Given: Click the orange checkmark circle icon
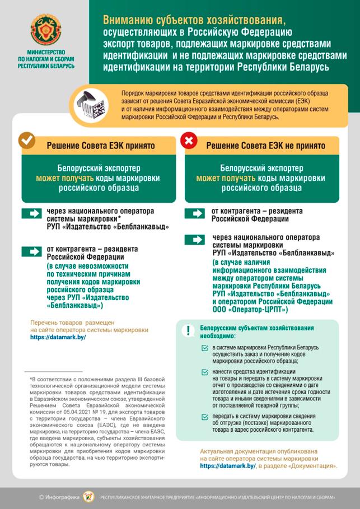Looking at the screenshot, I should pos(26,141).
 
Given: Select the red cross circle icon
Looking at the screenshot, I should pos(189,141).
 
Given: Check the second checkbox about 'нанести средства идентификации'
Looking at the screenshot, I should pos(205,372).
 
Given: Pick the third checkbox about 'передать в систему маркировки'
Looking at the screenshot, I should pos(205,417).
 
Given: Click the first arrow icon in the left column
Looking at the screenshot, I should pos(32,213).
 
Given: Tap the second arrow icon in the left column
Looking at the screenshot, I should pos(32,250).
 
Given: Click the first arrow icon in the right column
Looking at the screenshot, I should pos(195,213).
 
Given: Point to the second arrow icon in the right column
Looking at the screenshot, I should pos(195,240).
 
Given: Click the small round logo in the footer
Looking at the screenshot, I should pos(88,496).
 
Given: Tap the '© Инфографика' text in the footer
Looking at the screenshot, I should pos(58,497).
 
